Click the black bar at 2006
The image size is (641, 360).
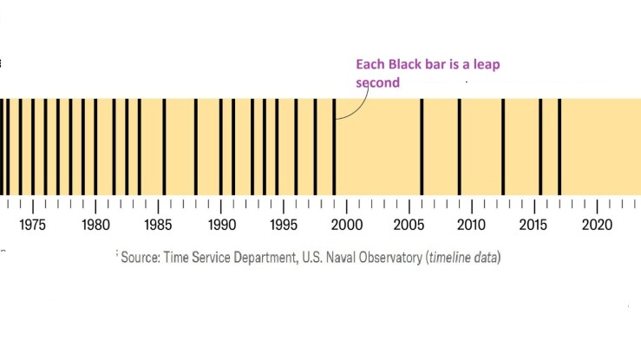(x=422, y=147)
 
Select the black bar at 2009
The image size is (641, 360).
(x=459, y=147)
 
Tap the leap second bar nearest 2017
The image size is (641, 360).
(x=559, y=147)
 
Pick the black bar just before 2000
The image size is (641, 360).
(x=334, y=147)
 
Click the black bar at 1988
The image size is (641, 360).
(x=195, y=147)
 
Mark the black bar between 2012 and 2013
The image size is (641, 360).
(x=502, y=147)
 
